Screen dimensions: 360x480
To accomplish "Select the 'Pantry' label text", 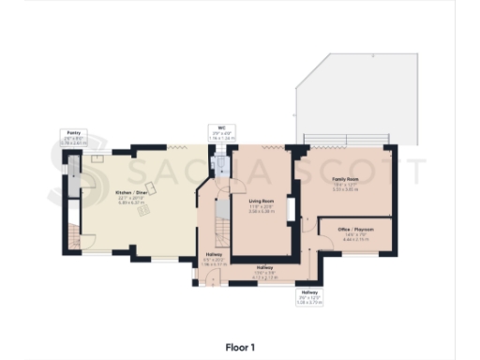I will click(73, 133).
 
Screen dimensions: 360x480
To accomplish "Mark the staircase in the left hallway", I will click(222, 230).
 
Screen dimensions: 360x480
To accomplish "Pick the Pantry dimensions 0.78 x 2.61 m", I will click(73, 143).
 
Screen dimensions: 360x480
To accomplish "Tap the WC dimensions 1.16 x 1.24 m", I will click(218, 140).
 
